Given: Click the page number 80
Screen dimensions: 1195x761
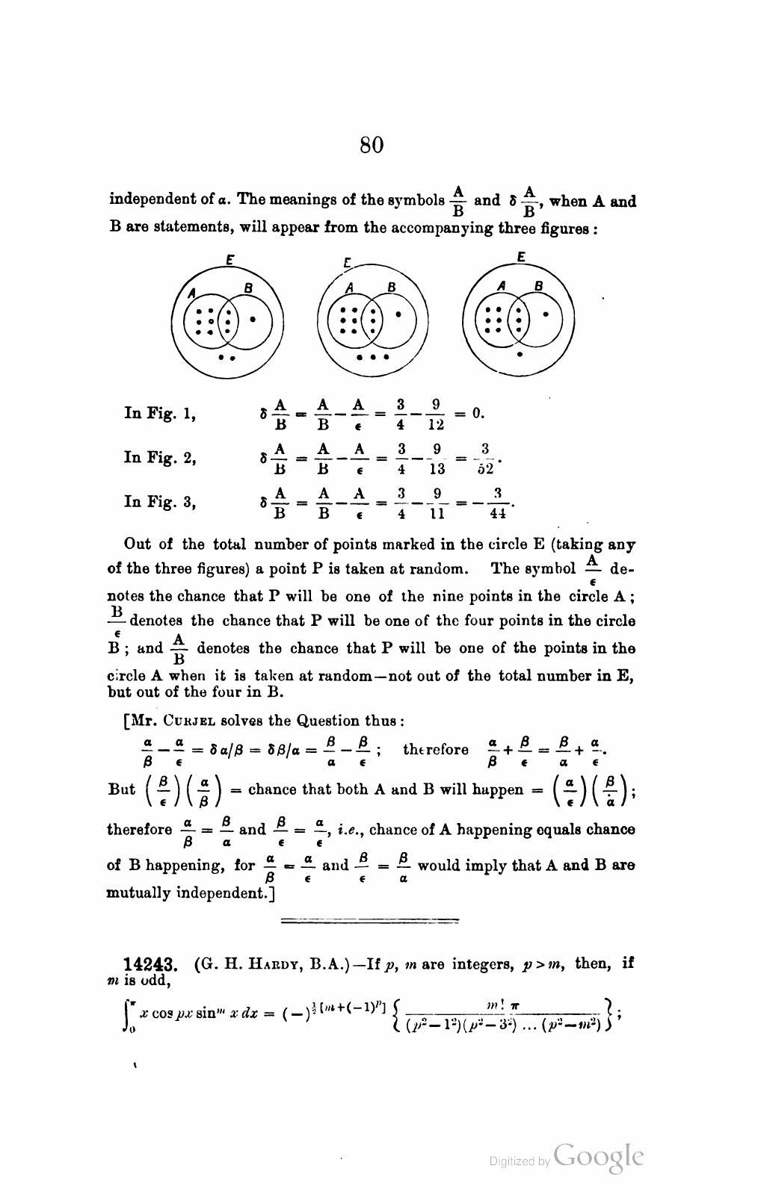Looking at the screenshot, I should click(372, 144).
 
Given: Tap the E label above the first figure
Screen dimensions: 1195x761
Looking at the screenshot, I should click(230, 261).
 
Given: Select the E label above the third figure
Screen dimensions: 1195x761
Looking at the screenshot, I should click(521, 257).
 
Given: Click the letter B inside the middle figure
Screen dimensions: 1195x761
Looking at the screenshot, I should click(391, 286).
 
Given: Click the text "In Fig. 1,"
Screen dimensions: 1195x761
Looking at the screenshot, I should click(160, 412).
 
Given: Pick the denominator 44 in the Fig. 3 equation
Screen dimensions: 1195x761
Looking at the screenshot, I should click(498, 513).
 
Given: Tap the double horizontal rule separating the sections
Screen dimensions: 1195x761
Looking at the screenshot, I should click(369, 921).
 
